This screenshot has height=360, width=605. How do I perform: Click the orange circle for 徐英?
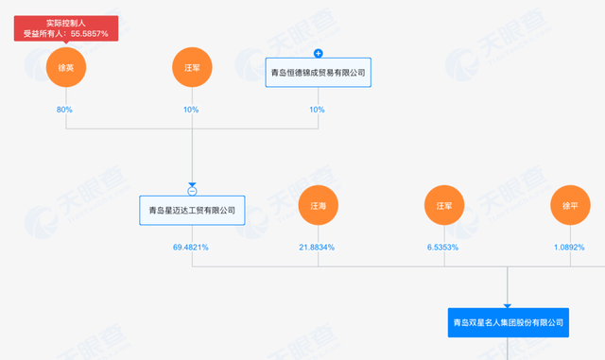pyautogui.click(x=64, y=68)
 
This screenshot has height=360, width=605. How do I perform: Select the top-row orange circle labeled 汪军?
pyautogui.click(x=192, y=68)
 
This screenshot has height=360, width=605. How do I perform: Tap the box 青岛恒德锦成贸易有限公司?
pyautogui.click(x=319, y=73)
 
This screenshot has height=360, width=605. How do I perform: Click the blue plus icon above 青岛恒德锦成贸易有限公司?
pyautogui.click(x=319, y=53)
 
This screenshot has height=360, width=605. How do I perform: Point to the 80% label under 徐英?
pyautogui.click(x=64, y=111)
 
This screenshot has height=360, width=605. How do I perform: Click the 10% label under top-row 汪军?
pyautogui.click(x=192, y=111)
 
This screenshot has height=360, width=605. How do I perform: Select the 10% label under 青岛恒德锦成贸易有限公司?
pyautogui.click(x=319, y=111)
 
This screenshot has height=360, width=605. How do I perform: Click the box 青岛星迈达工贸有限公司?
pyautogui.click(x=192, y=210)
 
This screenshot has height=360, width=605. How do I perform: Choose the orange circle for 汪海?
pyautogui.click(x=319, y=205)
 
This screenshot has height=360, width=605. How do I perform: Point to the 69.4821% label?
pyautogui.click(x=191, y=248)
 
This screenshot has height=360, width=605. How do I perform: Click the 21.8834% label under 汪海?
pyautogui.click(x=317, y=248)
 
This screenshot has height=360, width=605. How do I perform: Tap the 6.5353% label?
pyautogui.click(x=444, y=248)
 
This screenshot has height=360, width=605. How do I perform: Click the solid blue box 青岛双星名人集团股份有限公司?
pyautogui.click(x=509, y=322)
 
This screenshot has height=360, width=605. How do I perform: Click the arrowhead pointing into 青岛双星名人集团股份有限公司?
pyautogui.click(x=509, y=304)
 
